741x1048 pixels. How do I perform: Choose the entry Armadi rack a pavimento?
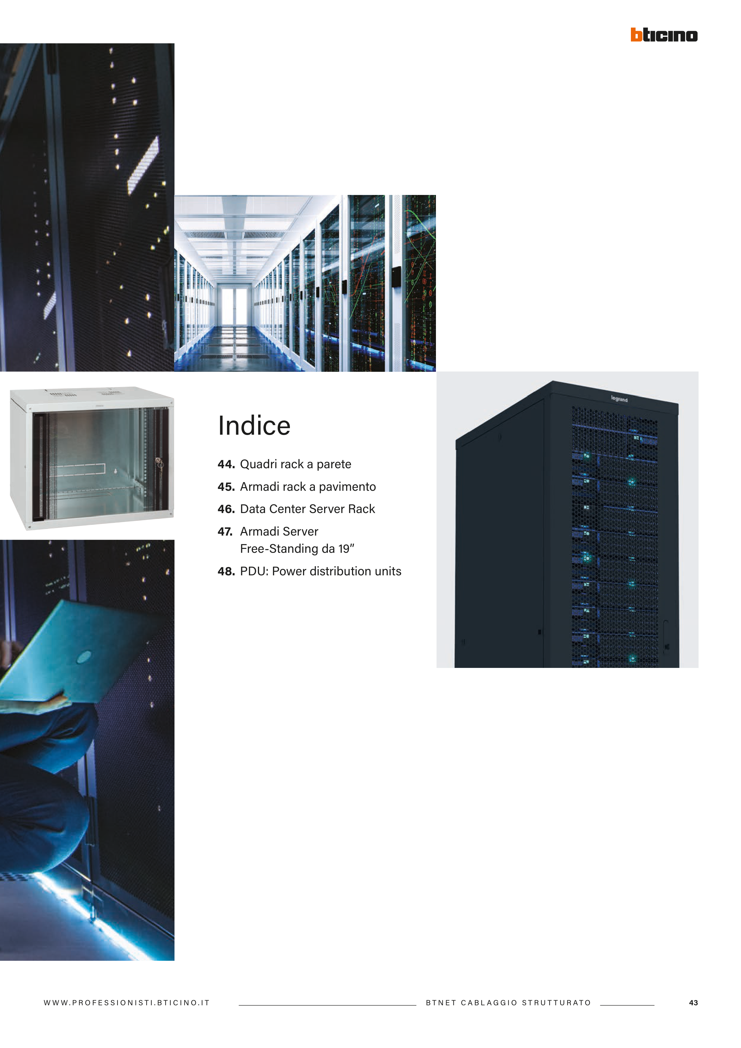[x=308, y=487]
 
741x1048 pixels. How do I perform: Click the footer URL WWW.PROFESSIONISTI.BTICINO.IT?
[x=126, y=1003]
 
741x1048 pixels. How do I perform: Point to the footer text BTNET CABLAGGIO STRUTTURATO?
[x=508, y=1003]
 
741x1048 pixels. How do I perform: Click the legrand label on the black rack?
[x=619, y=399]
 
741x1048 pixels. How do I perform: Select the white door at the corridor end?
[x=234, y=305]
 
